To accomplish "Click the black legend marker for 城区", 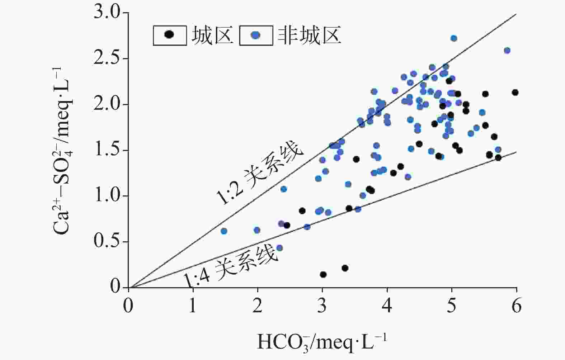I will [x=169, y=34].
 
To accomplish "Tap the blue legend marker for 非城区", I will [x=256, y=35].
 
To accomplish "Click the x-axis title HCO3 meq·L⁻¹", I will [x=322, y=342].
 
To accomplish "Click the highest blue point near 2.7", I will [x=454, y=38].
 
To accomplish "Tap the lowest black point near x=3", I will [x=323, y=275].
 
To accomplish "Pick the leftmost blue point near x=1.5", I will [x=224, y=231].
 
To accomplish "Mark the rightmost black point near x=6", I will [x=515, y=93].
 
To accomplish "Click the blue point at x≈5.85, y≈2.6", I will [x=507, y=51].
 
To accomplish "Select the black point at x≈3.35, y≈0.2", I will [x=345, y=268].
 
